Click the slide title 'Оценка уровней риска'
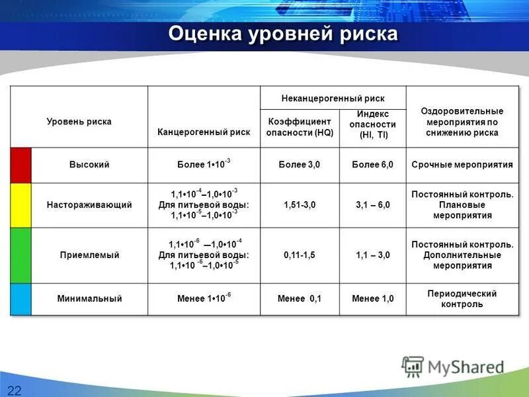point(283,34)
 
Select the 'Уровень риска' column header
point(79,122)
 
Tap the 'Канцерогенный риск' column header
point(204,132)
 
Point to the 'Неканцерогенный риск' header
point(333,98)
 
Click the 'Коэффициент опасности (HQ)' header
point(300,127)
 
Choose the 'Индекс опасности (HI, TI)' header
point(372,124)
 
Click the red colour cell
point(20,165)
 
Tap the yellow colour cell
point(20,205)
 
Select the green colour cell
point(20,255)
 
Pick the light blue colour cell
point(20,298)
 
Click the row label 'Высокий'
point(89,165)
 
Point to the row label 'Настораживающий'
point(89,205)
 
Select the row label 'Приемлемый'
point(89,255)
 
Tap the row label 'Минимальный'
point(89,299)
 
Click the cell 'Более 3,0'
point(300,165)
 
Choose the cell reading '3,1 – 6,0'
point(372,205)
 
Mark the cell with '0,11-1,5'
point(300,255)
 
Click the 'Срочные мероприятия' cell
point(462,165)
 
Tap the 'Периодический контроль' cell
point(462,299)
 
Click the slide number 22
point(15,388)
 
